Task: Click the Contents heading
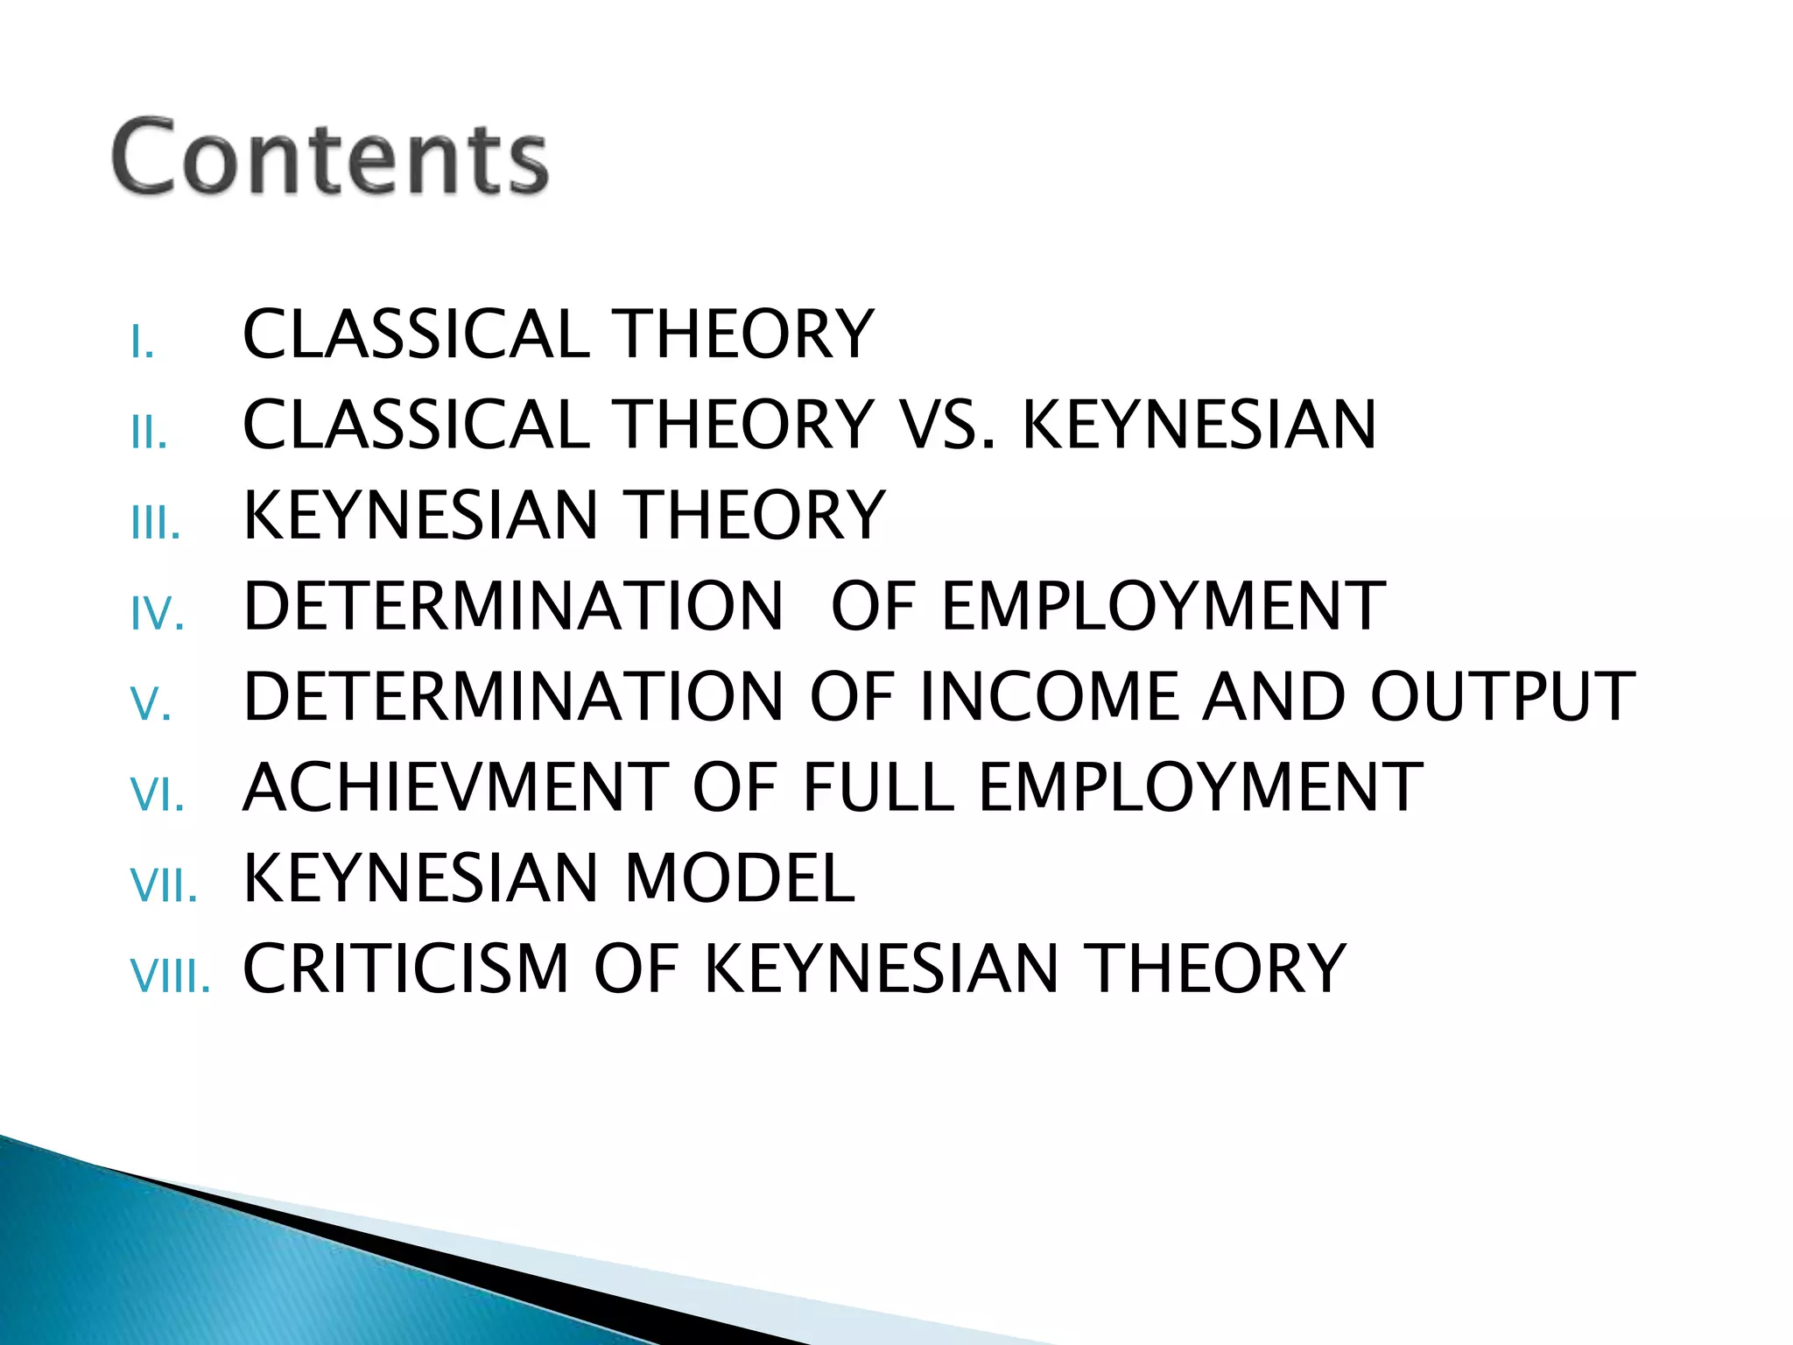(330, 158)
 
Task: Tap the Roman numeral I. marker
(142, 342)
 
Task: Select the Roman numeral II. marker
(149, 433)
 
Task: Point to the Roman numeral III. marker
(156, 524)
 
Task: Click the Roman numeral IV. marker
(158, 614)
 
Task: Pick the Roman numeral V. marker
(151, 704)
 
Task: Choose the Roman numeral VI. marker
(158, 795)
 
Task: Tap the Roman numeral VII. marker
(164, 885)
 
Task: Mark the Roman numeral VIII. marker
(170, 975)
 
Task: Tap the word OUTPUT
(1502, 697)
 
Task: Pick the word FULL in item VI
(878, 787)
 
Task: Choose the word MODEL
(740, 878)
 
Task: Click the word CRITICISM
(405, 968)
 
